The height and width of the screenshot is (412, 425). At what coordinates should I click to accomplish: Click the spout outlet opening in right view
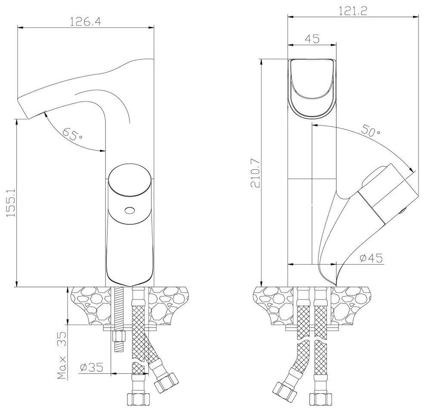[312, 87]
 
